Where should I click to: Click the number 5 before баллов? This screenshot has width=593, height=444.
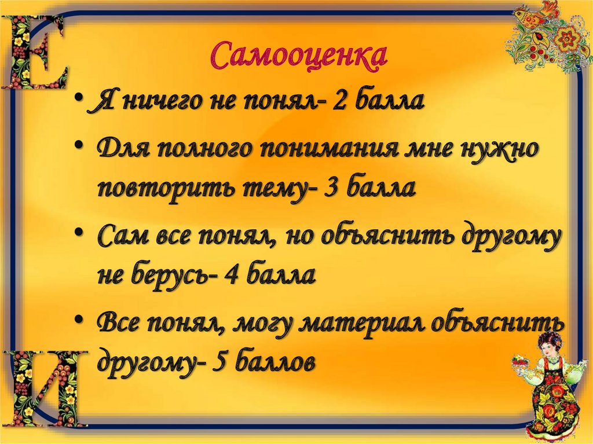[x=220, y=362]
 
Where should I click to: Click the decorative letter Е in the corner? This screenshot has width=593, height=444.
[x=34, y=52]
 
